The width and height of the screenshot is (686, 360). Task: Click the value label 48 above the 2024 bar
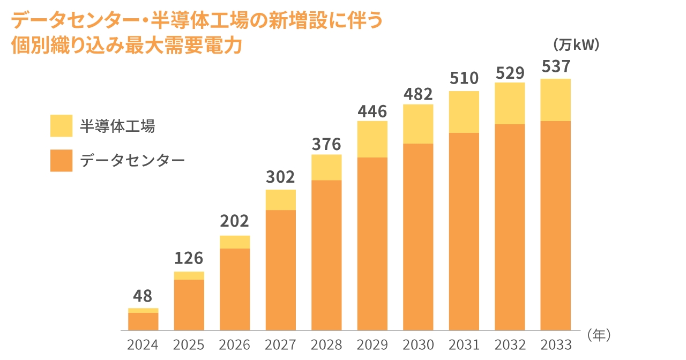pyautogui.click(x=143, y=296)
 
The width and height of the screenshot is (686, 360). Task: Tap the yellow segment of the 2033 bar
pyautogui.click(x=555, y=100)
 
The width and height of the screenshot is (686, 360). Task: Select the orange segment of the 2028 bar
pyautogui.click(x=326, y=255)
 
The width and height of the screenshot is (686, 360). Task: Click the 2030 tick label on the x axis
pyautogui.click(x=418, y=344)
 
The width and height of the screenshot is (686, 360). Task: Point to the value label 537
pyautogui.click(x=556, y=67)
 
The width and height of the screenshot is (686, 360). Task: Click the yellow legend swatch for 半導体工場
pyautogui.click(x=61, y=126)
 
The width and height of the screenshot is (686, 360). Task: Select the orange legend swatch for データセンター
pyautogui.click(x=61, y=161)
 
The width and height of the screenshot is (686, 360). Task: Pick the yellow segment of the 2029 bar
pyautogui.click(x=372, y=139)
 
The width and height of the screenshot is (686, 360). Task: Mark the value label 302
pyautogui.click(x=280, y=177)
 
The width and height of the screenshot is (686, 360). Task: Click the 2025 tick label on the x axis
pyautogui.click(x=189, y=344)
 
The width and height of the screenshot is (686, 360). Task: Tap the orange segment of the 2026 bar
pyautogui.click(x=235, y=289)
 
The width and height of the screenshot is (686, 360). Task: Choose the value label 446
pyautogui.click(x=372, y=111)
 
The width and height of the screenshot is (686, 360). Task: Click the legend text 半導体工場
pyautogui.click(x=117, y=126)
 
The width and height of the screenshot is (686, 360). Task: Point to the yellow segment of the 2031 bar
pyautogui.click(x=464, y=112)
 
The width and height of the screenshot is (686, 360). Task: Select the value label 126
pyautogui.click(x=189, y=258)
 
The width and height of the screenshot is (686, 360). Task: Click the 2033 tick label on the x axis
pyautogui.click(x=556, y=344)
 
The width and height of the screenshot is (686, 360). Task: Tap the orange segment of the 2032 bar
pyautogui.click(x=510, y=227)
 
